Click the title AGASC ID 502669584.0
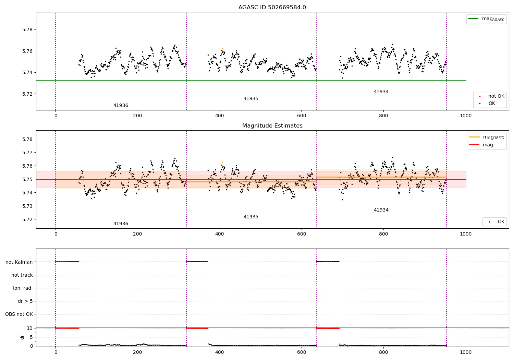(x=272, y=8)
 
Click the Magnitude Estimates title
(x=272, y=126)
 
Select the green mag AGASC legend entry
(x=486, y=19)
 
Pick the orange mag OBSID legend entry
(x=487, y=137)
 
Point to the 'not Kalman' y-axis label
(x=19, y=262)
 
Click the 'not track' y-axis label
(x=22, y=275)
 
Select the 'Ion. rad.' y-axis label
(x=23, y=288)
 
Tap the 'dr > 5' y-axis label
(x=25, y=301)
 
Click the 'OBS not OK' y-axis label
(x=19, y=314)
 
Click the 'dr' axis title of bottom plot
(x=22, y=337)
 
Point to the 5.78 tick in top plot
(x=27, y=29)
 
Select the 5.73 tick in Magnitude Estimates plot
(x=27, y=206)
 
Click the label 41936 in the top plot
(x=121, y=106)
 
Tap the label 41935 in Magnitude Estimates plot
(x=251, y=217)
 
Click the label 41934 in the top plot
(x=381, y=92)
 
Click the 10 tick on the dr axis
(x=30, y=328)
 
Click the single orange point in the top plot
(x=223, y=48)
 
